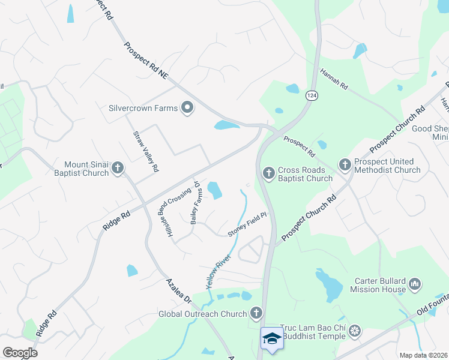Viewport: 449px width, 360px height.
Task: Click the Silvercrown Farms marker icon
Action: [187, 108]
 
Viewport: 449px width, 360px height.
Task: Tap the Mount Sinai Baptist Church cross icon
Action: [118, 168]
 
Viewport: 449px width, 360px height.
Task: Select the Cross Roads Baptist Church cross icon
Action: [268, 173]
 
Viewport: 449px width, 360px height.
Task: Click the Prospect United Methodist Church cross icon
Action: [345, 163]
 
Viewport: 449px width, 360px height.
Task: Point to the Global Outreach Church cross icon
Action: [256, 313]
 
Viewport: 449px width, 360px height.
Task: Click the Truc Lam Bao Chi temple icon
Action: [355, 331]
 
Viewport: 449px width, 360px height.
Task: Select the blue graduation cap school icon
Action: [272, 338]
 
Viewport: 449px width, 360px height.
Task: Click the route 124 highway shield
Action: [311, 95]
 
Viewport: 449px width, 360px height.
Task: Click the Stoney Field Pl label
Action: [247, 224]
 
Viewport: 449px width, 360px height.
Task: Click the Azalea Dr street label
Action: [178, 290]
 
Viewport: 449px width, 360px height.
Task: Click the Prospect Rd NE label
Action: [146, 62]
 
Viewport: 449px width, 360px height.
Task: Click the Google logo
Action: [20, 353]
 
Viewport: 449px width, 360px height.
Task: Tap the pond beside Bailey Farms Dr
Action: [214, 190]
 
